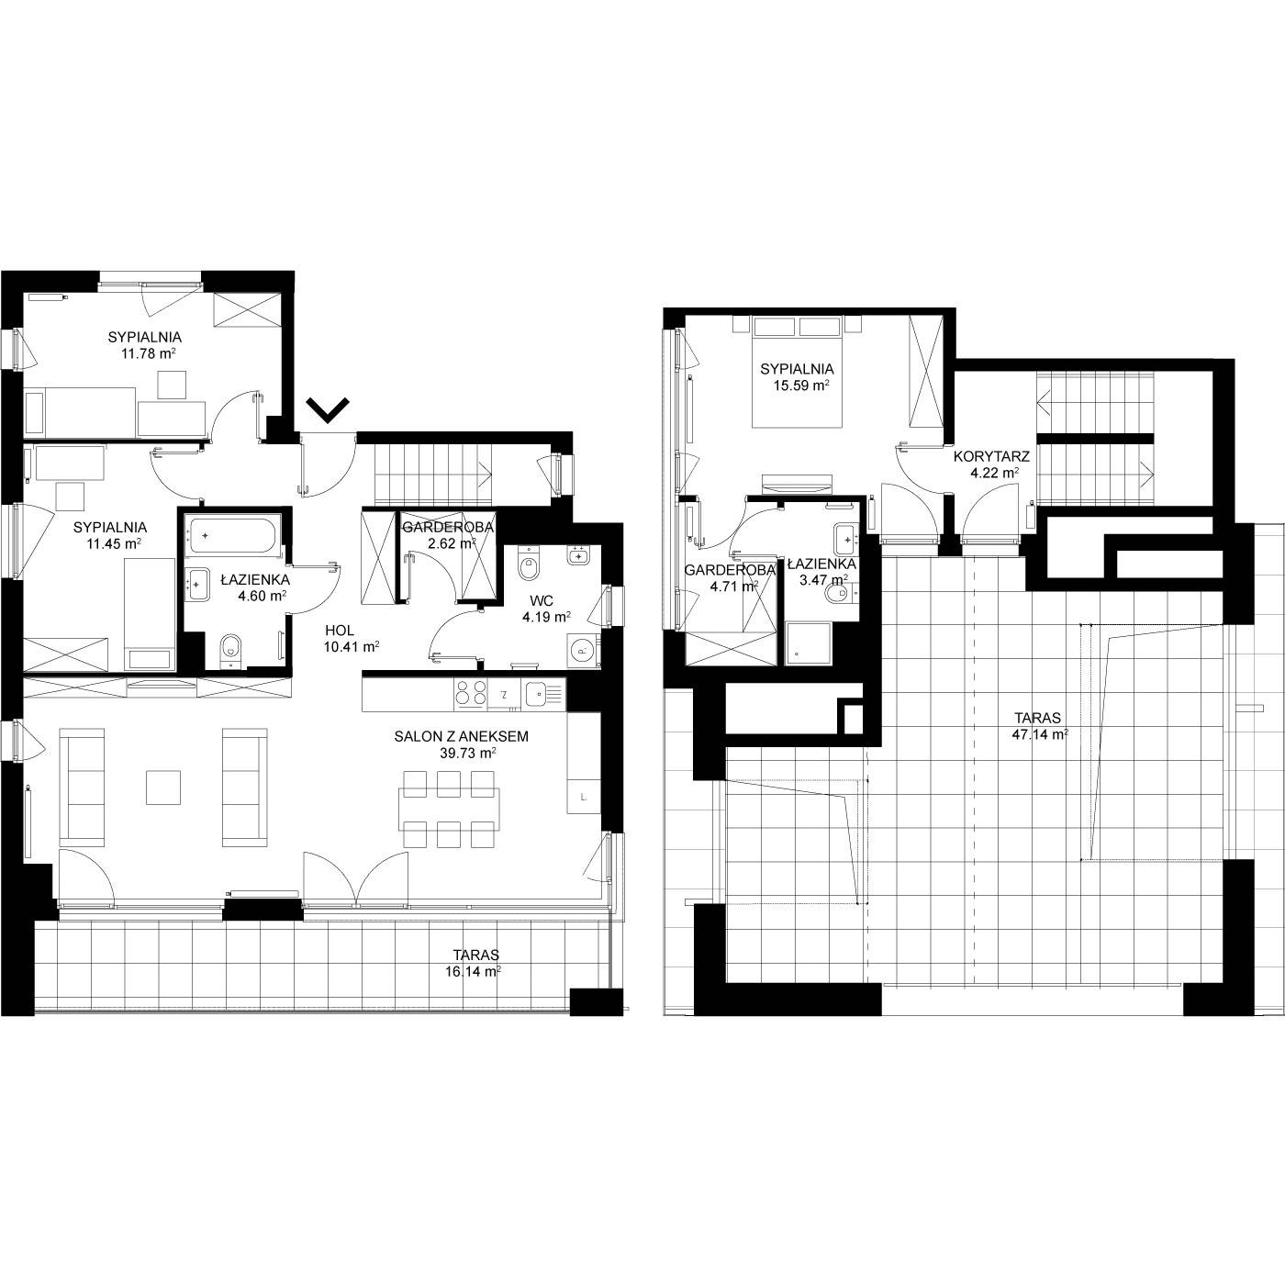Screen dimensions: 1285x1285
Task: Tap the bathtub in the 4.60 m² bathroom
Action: coord(233,535)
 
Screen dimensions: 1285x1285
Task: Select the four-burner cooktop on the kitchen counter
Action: coord(471,694)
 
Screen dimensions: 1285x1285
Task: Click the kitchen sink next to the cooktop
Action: coord(540,694)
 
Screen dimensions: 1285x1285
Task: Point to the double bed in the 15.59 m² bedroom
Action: coord(797,373)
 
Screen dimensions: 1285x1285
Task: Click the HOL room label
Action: coord(340,631)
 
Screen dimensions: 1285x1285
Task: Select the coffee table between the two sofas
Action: coord(163,788)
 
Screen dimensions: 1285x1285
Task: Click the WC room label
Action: coord(543,601)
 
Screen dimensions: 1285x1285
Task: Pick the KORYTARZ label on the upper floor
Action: coord(991,457)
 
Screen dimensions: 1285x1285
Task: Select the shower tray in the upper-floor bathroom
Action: coord(809,643)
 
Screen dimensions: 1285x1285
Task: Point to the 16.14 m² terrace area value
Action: coord(473,972)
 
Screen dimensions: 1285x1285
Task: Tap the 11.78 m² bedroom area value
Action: coord(148,353)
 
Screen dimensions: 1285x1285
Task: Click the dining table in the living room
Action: coord(449,810)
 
